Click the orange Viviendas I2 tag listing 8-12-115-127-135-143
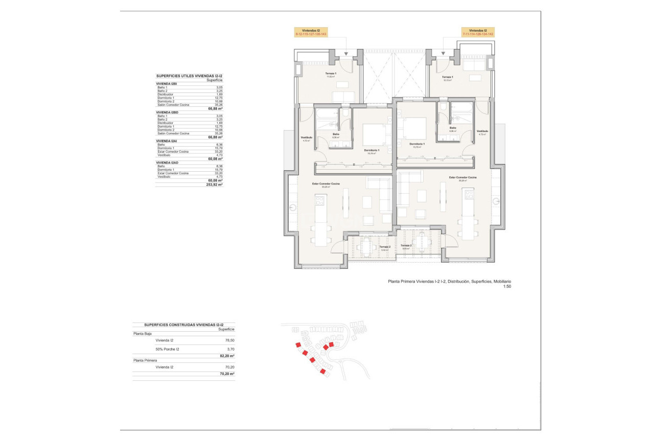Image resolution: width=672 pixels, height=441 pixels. (311, 32)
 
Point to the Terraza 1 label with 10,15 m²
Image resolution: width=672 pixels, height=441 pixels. (447, 78)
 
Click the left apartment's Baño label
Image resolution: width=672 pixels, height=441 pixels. (335, 136)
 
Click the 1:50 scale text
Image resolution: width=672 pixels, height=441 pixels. (507, 287)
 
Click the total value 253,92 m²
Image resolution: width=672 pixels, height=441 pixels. (215, 184)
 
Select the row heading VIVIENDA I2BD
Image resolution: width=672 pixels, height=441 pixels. (167, 112)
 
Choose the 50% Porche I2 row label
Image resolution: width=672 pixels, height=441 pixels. (168, 349)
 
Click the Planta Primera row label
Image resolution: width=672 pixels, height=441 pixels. (146, 360)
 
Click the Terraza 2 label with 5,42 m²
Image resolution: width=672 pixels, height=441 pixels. (386, 248)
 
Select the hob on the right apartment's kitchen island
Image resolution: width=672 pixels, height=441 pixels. (469, 195)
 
